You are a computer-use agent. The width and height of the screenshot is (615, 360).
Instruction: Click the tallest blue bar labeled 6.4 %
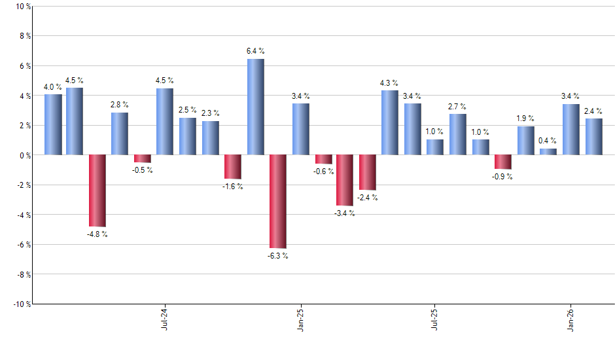(256, 107)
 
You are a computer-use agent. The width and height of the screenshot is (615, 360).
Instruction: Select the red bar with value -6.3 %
(278, 202)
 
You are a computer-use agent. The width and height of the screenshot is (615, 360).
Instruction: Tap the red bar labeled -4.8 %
(97, 190)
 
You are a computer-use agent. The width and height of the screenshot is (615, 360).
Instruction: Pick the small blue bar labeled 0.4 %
(548, 152)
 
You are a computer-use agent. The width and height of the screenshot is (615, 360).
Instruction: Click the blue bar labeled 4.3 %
(390, 123)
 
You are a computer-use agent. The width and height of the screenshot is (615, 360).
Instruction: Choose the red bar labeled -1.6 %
(233, 167)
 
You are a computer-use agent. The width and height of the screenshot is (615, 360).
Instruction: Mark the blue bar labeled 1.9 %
(525, 141)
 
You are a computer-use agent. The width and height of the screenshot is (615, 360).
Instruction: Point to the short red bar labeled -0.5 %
(143, 158)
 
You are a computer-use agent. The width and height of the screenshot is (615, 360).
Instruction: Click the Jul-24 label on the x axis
(164, 319)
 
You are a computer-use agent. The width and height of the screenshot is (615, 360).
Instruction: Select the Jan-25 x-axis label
(300, 319)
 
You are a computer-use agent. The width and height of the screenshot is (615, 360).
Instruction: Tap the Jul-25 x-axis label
(435, 319)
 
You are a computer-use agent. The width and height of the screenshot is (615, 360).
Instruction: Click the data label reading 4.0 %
(53, 86)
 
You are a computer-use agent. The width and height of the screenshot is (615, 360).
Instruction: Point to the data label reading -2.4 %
(367, 197)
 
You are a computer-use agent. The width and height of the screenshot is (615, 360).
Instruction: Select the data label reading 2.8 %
(120, 105)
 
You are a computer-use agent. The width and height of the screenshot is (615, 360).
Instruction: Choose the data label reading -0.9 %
(503, 177)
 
